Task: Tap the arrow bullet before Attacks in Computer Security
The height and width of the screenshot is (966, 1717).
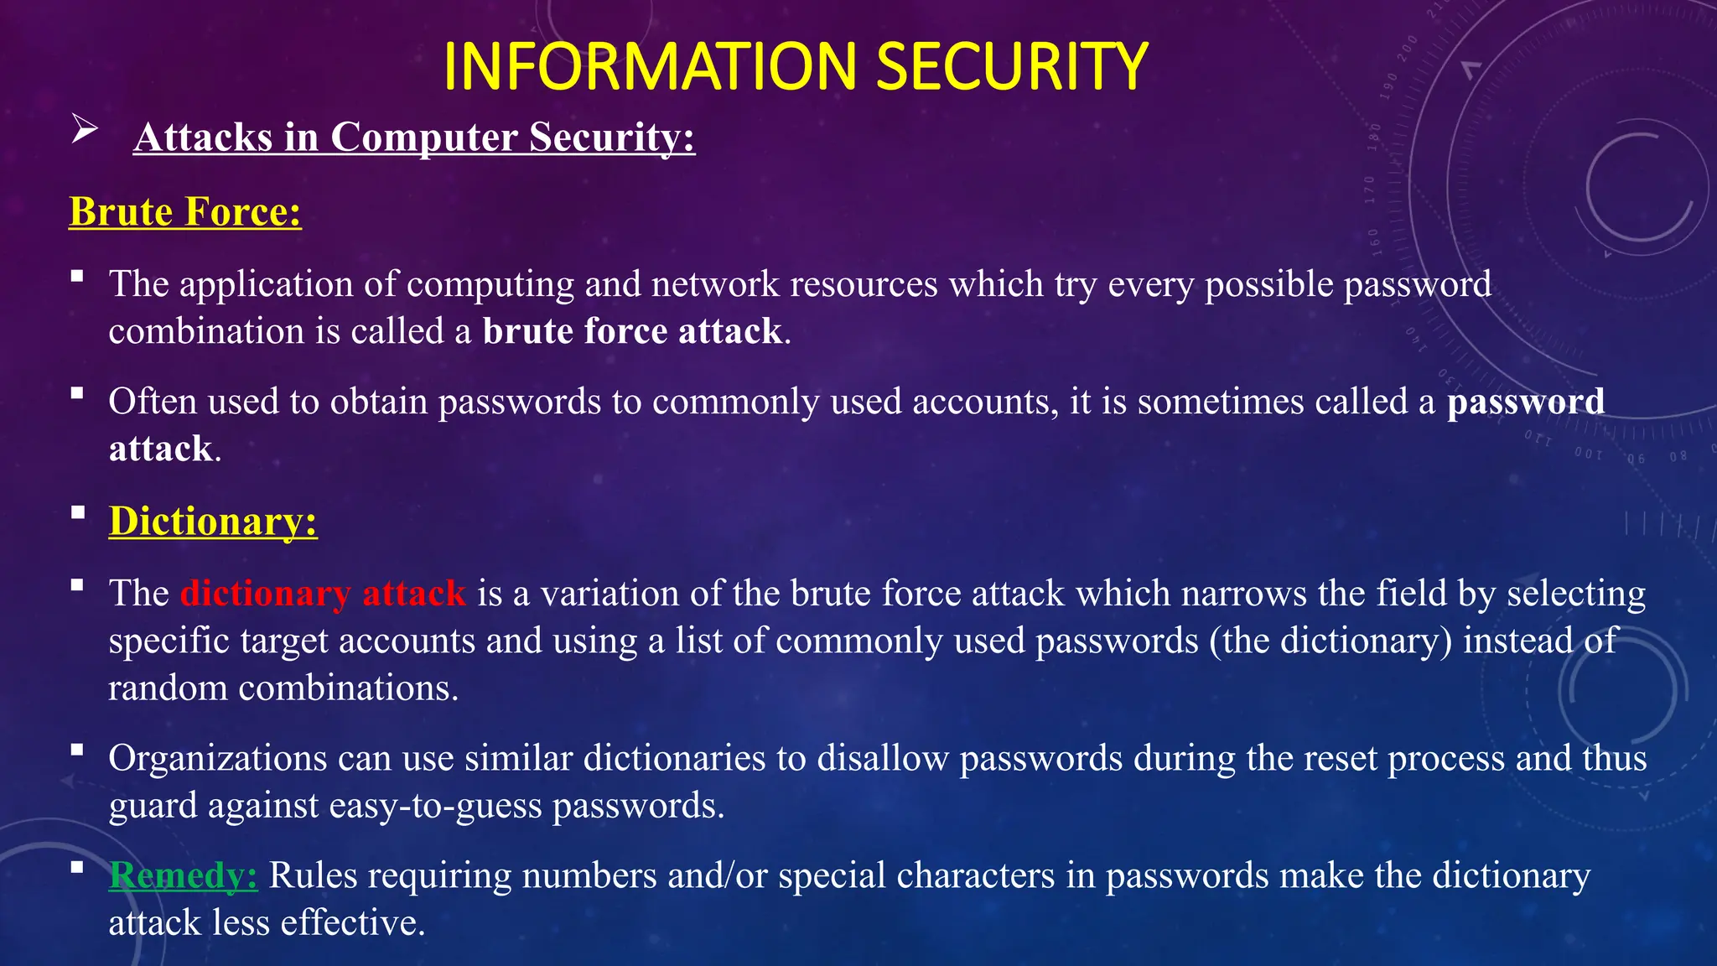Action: pos(85,130)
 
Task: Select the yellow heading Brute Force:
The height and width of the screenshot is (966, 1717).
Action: pos(185,211)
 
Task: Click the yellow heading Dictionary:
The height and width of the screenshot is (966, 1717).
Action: pos(213,521)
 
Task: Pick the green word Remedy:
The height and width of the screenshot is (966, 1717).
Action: pos(183,875)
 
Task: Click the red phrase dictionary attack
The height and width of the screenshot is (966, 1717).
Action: pos(323,594)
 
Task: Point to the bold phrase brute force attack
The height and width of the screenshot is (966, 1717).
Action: pos(633,331)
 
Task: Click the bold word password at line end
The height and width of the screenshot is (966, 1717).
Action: pos(1526,402)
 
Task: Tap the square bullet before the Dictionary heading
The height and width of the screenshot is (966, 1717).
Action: pos(78,512)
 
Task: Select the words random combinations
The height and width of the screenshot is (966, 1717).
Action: pos(283,688)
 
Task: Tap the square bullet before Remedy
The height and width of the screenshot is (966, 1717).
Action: pos(78,867)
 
